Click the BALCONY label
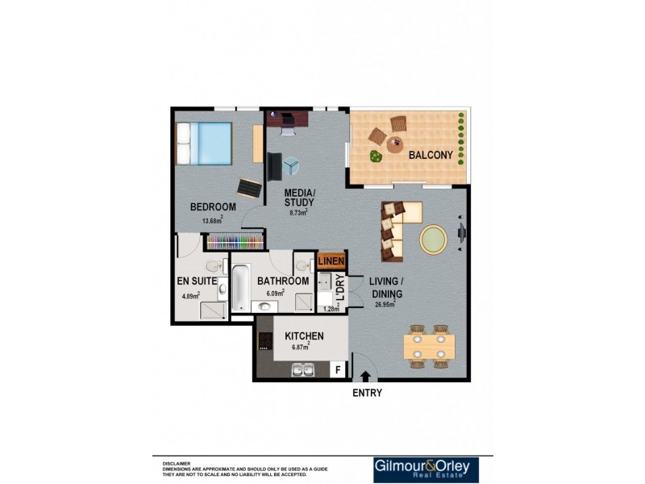[430, 155]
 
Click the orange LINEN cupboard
[331, 261]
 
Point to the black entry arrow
[366, 375]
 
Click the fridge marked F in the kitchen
[338, 369]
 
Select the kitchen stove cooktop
[264, 341]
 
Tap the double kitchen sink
[303, 370]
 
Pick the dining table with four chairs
[429, 346]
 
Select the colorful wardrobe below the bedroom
[235, 241]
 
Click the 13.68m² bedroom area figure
[211, 220]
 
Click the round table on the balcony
[394, 145]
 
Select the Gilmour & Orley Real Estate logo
[426, 469]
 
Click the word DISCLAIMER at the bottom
[177, 464]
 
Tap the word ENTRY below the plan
[367, 393]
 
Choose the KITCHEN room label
[304, 336]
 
